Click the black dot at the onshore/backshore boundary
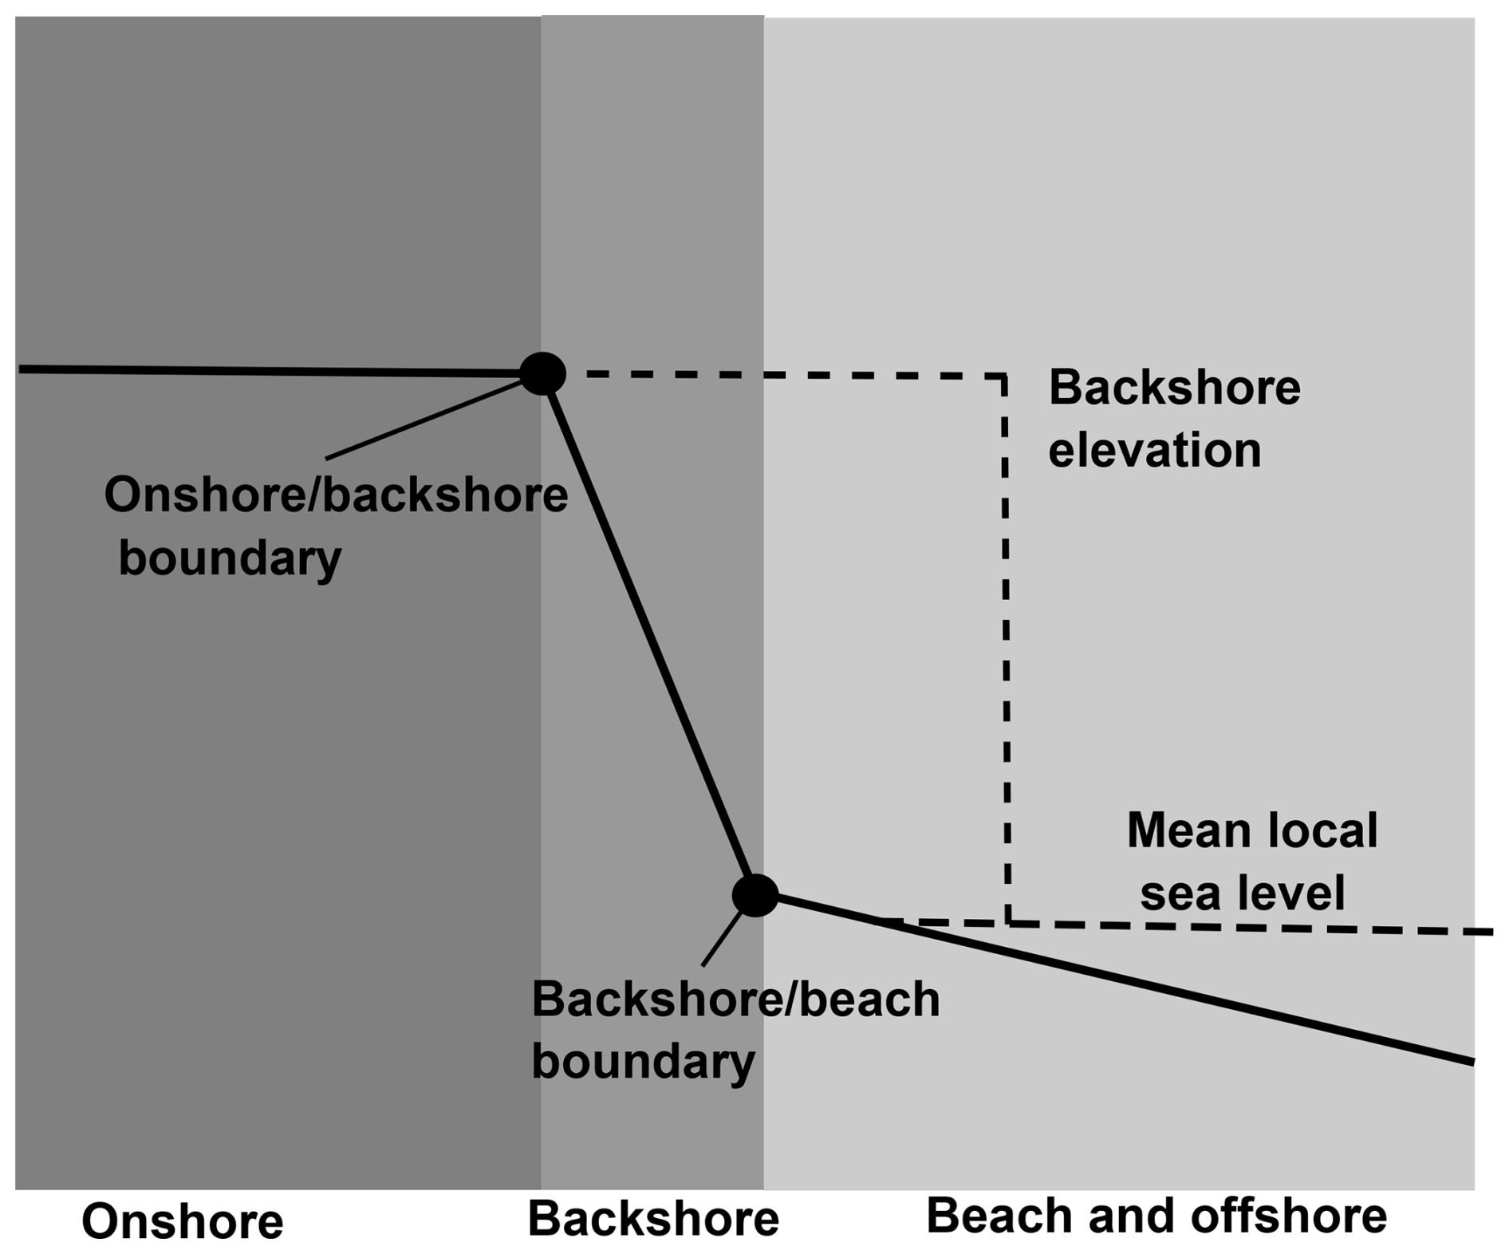click(542, 373)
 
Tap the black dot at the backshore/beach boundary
click(754, 894)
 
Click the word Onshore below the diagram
click(183, 1221)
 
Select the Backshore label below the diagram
click(652, 1219)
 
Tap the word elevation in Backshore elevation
click(1154, 450)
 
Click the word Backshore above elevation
click(1174, 388)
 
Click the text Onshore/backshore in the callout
click(336, 495)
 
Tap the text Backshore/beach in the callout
click(735, 1000)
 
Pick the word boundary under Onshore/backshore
click(230, 558)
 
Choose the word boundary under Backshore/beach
click(643, 1063)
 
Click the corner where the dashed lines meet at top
click(1003, 376)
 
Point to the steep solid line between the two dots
click(648, 634)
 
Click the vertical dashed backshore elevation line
click(1006, 638)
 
